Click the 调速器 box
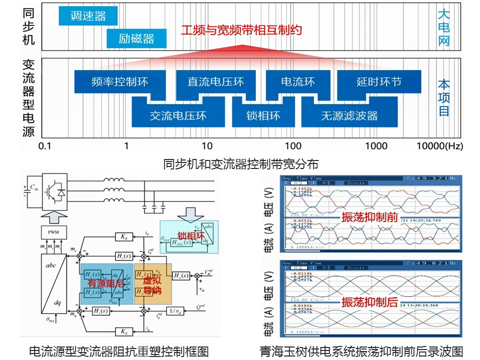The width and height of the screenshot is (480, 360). click(x=88, y=15)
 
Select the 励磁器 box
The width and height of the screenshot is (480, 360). click(x=136, y=38)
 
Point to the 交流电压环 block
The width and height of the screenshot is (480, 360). click(x=178, y=115)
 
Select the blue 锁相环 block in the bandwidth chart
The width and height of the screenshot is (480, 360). click(x=263, y=115)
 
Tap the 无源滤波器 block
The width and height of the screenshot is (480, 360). click(x=349, y=115)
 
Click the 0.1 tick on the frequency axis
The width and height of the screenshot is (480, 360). click(x=45, y=146)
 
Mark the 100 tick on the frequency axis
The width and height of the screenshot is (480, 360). click(x=293, y=146)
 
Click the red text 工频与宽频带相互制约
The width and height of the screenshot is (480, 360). click(x=241, y=30)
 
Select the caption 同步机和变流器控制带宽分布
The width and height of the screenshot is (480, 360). click(x=240, y=163)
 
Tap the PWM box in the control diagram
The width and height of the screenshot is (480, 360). click(x=53, y=232)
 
